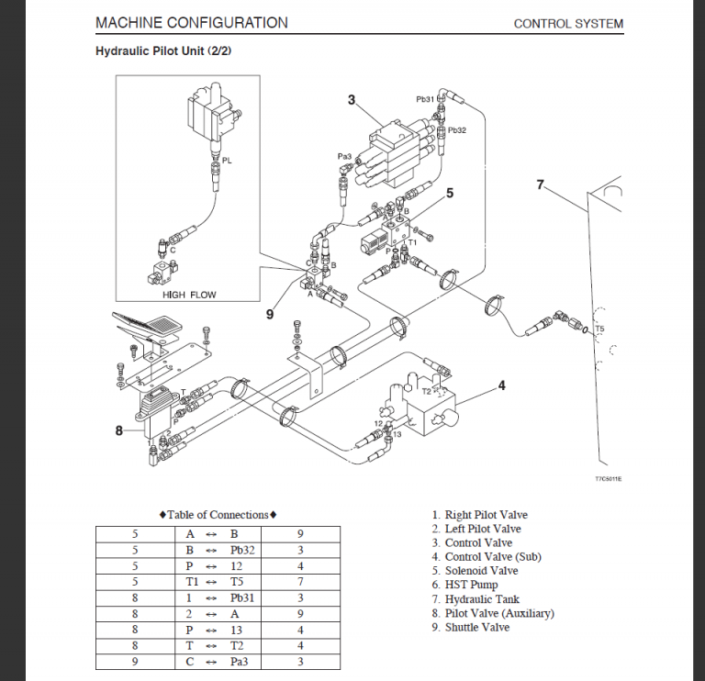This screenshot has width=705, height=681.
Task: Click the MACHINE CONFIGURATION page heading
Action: [x=191, y=23]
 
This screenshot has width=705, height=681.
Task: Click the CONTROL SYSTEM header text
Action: [x=567, y=24]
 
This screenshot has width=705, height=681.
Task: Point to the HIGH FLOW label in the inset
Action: [x=186, y=295]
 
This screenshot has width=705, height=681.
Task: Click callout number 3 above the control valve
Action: [x=352, y=99]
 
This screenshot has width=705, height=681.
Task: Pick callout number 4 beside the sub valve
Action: [x=501, y=385]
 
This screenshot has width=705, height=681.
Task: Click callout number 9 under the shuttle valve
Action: [x=270, y=314]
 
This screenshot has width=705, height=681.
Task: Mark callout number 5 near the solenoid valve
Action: [x=450, y=193]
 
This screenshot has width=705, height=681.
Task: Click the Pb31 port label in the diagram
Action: [x=425, y=99]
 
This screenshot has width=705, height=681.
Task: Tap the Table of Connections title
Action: [x=218, y=515]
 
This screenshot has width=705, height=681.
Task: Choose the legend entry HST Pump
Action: [x=471, y=585]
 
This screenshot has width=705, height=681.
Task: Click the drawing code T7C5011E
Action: [x=608, y=479]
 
